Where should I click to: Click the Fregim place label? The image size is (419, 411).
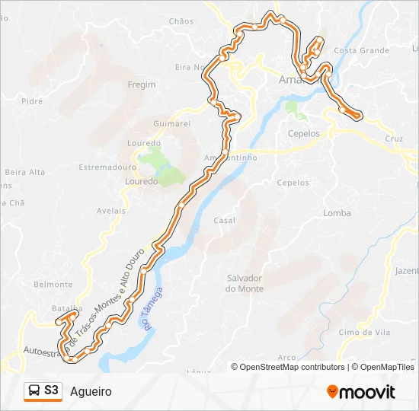pos(142,84)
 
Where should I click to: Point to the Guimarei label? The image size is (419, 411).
pos(171,123)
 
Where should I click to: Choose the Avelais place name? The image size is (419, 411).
pos(111,211)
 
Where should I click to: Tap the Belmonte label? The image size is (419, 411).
pos(53,285)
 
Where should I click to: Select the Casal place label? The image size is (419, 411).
pos(224,221)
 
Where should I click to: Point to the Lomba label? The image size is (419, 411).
pos(337,213)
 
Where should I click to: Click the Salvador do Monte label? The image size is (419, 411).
pos(245,283)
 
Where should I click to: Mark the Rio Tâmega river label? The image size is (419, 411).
pos(152,308)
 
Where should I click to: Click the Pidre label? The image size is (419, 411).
pos(32,100)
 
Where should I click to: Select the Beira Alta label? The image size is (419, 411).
pos(26,172)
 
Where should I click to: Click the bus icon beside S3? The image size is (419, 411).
pos(34,391)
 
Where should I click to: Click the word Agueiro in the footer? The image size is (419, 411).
pos(91,392)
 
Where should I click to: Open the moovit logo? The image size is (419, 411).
pos(361,392)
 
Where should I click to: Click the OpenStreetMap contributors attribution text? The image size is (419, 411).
pos(292,367)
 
